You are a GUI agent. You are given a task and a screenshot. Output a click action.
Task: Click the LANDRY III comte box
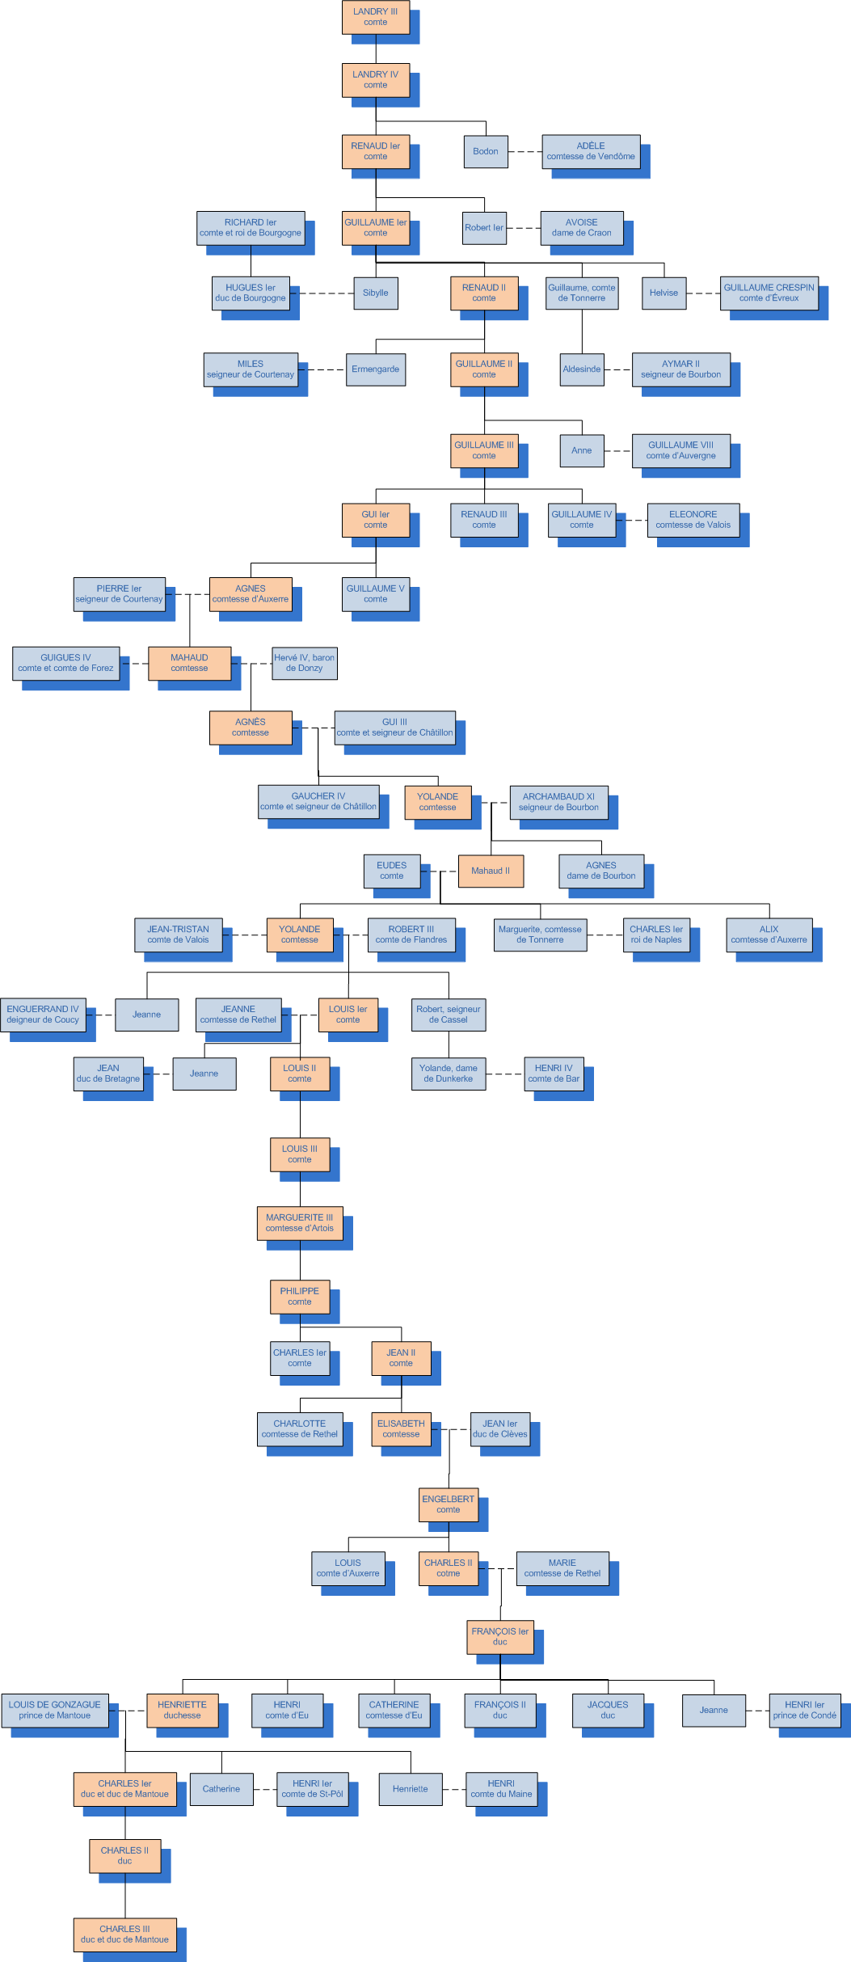375,17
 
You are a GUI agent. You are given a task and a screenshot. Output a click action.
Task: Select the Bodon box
485,151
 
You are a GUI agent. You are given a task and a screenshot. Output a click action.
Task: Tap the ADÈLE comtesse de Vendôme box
590,151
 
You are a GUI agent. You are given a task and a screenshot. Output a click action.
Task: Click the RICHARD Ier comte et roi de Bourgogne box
250,227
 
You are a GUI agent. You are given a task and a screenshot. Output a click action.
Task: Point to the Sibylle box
375,293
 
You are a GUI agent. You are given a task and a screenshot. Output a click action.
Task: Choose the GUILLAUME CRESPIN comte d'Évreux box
769,293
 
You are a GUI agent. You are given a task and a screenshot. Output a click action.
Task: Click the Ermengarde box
375,369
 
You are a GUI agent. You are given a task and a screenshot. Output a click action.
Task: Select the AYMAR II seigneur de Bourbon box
680,369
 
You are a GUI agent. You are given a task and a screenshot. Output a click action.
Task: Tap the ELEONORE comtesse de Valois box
693,520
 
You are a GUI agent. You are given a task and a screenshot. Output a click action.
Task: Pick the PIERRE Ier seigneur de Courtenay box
119,594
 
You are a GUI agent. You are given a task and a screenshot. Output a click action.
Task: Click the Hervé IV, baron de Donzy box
304,663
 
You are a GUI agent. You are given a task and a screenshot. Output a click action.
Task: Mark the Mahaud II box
491,871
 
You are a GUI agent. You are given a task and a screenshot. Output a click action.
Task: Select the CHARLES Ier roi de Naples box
655,935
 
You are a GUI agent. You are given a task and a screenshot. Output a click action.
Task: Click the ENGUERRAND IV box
43,1015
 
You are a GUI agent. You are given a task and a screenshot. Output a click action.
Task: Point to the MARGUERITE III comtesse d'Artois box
299,1223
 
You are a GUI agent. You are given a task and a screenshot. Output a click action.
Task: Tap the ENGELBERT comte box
448,1504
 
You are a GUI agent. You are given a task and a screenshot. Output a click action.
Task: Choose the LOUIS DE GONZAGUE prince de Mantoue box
54,1710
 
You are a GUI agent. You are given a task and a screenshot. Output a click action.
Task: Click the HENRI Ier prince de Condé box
804,1710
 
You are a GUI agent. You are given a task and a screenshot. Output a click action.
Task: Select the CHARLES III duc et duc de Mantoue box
124,1934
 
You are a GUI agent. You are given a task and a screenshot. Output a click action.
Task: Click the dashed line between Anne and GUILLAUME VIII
617,451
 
